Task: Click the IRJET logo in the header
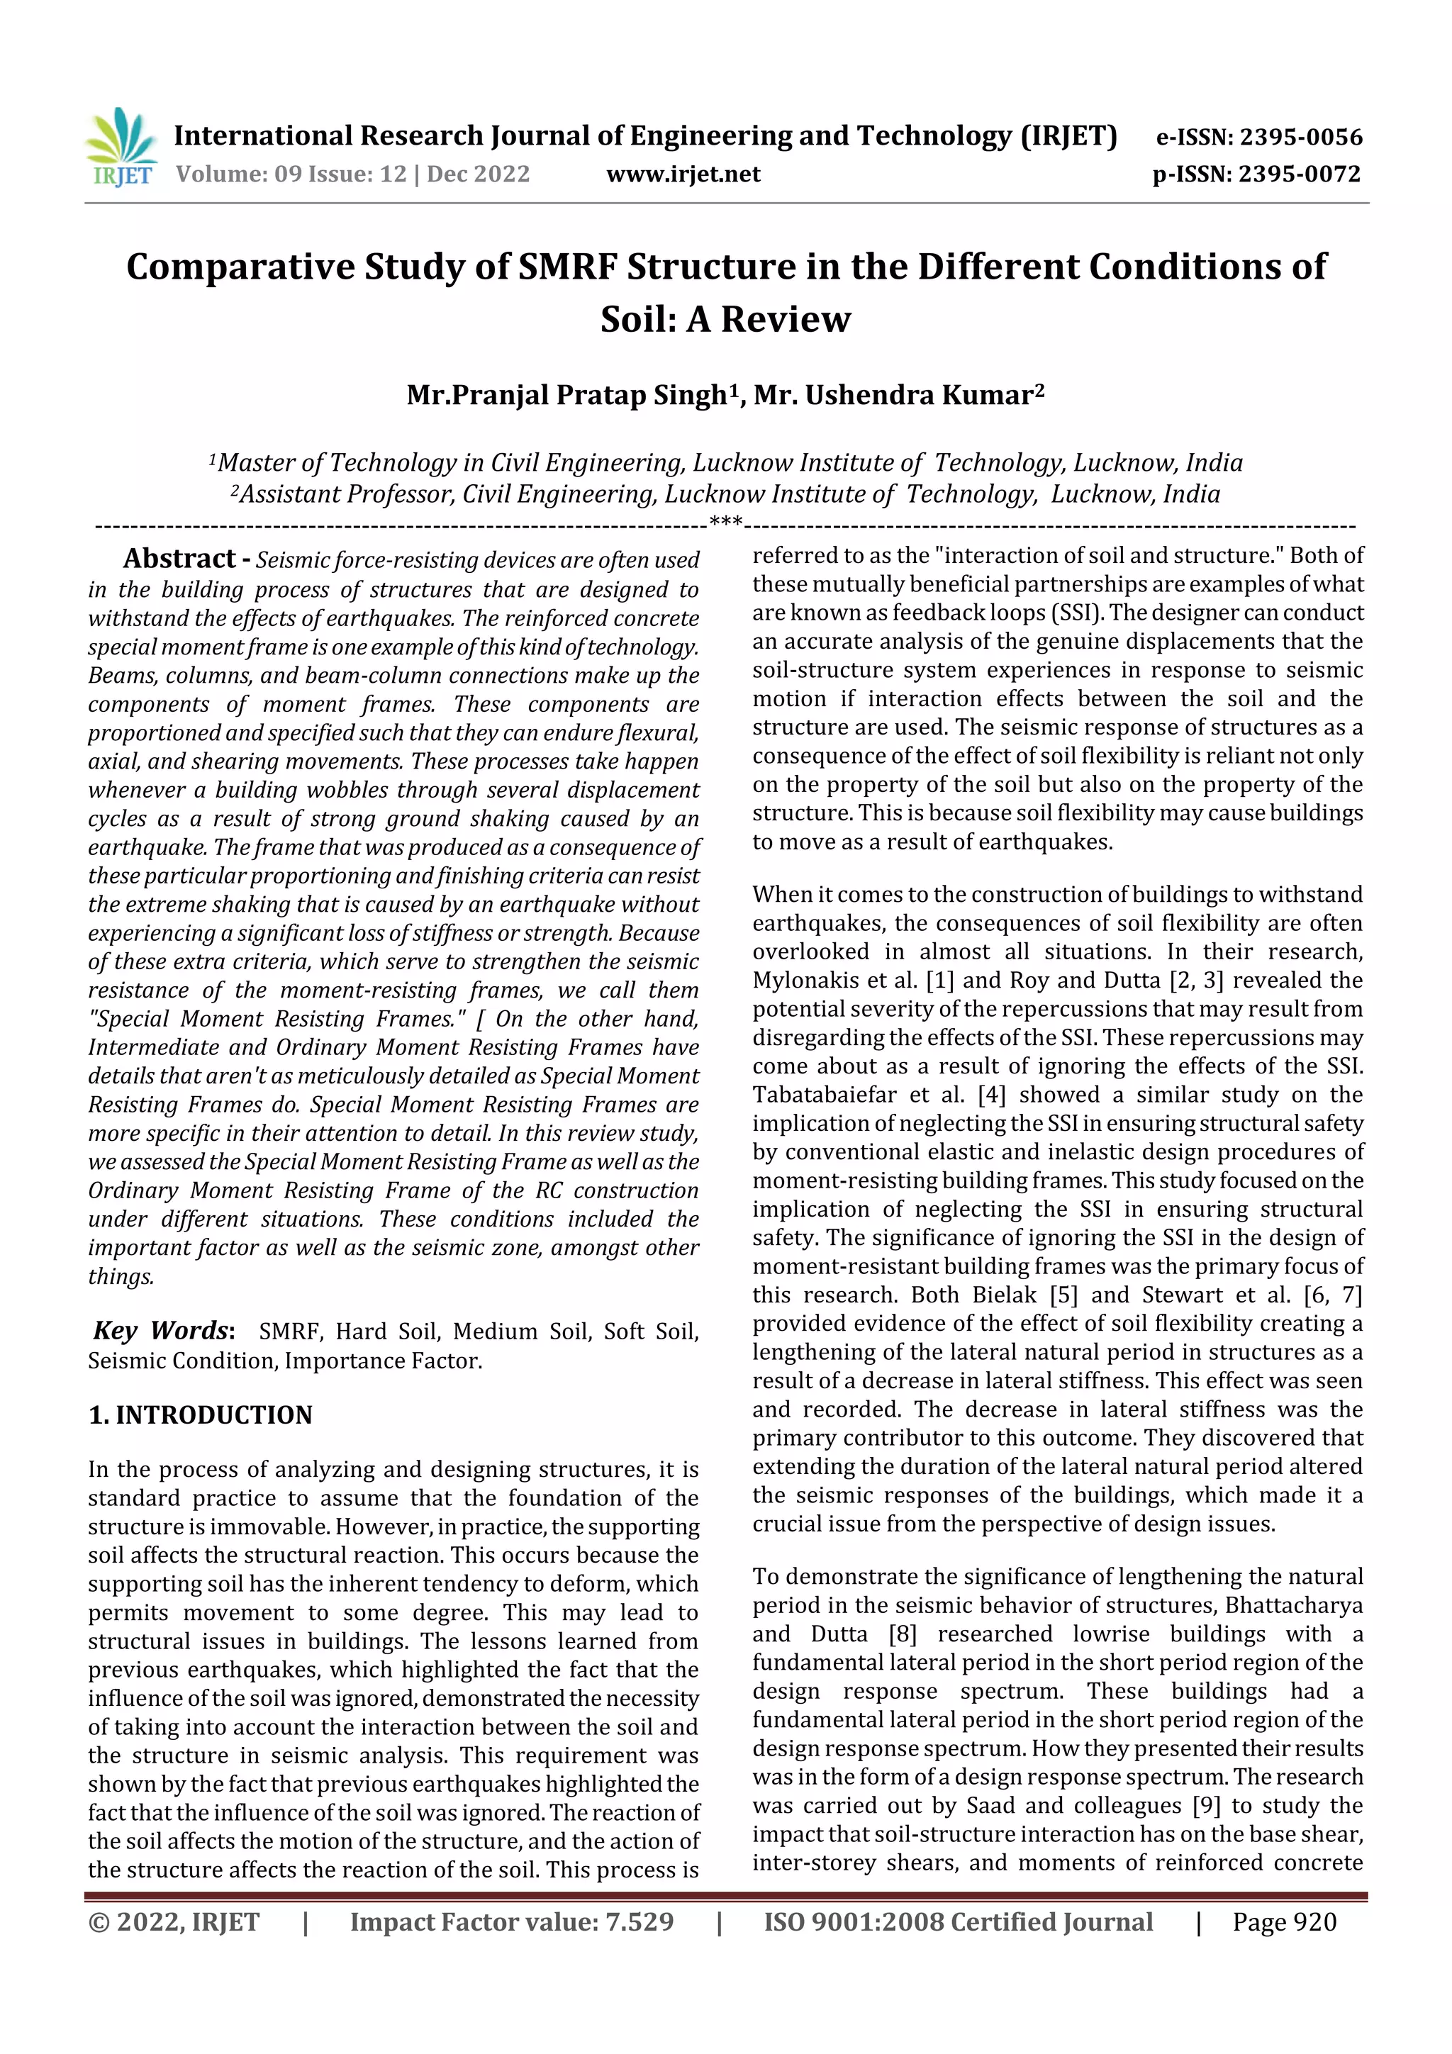click(121, 148)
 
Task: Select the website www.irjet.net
click(683, 174)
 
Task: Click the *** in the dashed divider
click(725, 523)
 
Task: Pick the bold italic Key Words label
click(162, 1330)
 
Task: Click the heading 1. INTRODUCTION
click(201, 1414)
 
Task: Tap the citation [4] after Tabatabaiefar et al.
click(991, 1094)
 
